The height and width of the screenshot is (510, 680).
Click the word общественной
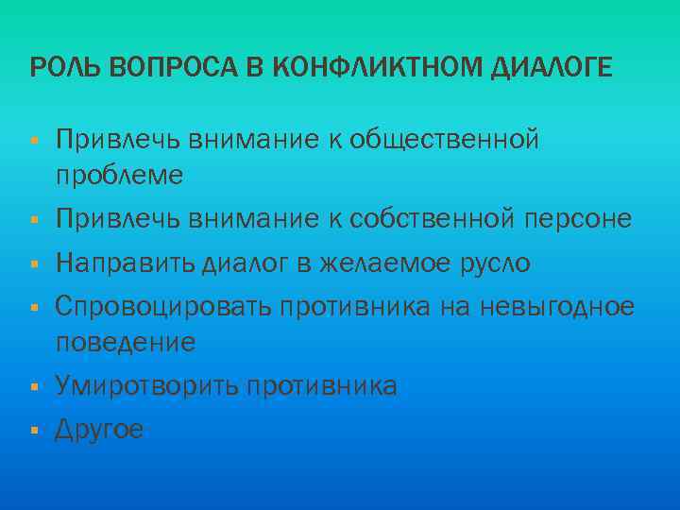tap(444, 141)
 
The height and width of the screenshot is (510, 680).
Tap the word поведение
tap(126, 341)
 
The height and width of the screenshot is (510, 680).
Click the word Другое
tap(99, 431)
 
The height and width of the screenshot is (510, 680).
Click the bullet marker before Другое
tap(33, 431)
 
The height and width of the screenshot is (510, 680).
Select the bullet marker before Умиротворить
tap(33, 386)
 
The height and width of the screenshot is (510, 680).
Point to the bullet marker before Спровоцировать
tap(33, 307)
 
